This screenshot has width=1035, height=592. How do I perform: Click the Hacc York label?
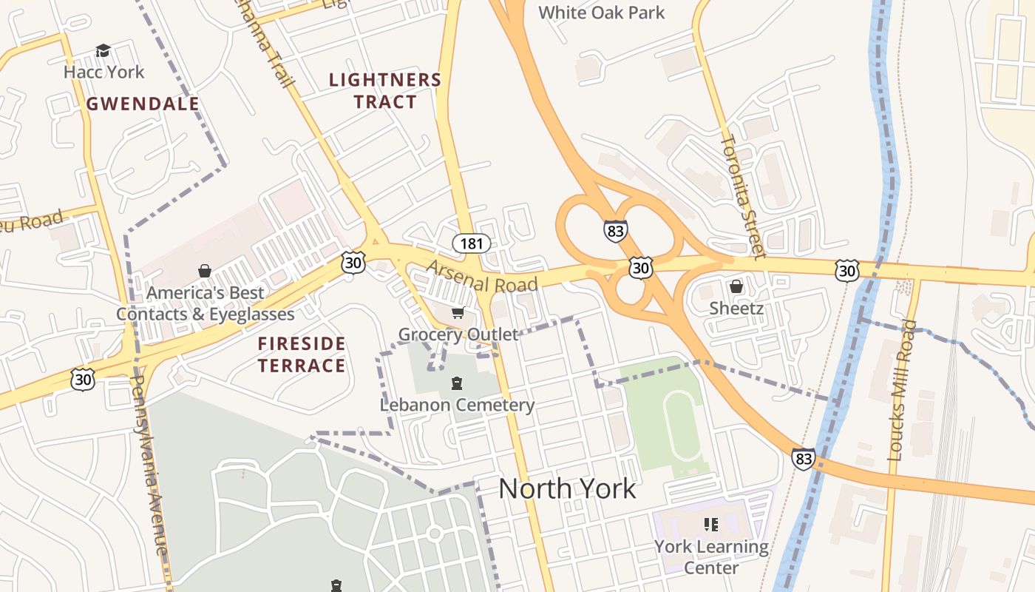pos(103,72)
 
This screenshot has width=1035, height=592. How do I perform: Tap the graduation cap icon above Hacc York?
pos(103,50)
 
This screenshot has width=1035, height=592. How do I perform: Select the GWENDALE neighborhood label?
pos(143,104)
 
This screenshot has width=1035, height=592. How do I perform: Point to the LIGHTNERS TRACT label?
pos(384,91)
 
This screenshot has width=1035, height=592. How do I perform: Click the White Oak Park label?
pos(601,13)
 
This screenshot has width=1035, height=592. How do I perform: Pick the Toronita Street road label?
pos(742,195)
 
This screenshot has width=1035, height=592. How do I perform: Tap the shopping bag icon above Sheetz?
pos(736,286)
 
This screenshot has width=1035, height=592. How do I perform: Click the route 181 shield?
pos(472,243)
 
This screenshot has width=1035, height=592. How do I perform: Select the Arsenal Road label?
pos(481,276)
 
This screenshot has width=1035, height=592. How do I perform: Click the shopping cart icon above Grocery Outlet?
pos(458,314)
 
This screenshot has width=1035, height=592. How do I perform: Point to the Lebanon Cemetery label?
pos(457,405)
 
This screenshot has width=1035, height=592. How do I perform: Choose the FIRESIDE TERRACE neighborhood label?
pos(302,354)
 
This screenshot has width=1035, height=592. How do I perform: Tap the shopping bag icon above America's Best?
pos(204,272)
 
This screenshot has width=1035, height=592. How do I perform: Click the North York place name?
pos(567,488)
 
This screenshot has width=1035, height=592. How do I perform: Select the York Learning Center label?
pos(710,556)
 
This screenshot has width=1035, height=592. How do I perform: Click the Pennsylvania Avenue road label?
pos(150,465)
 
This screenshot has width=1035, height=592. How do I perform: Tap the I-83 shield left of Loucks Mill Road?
pos(804,459)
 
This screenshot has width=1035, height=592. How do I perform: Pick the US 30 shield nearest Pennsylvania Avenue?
pos(83,380)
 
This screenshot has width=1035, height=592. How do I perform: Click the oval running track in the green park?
pos(682,425)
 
